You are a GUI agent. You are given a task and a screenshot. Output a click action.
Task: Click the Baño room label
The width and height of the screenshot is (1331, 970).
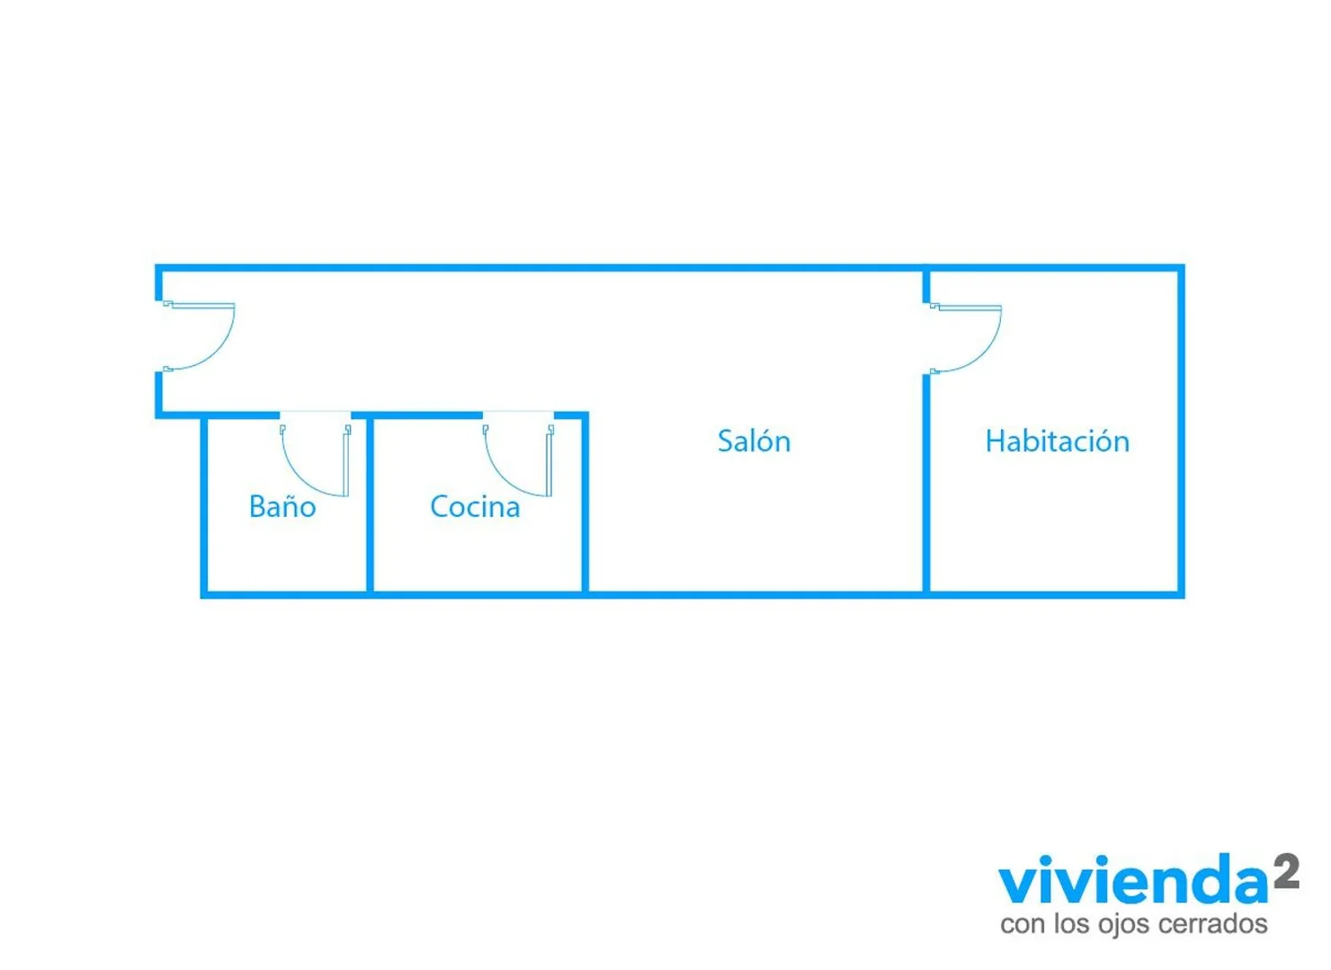(282, 507)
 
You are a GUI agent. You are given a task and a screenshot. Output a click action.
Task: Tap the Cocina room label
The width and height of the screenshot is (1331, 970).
(475, 507)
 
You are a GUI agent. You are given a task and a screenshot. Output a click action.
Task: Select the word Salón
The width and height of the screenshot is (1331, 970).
(754, 441)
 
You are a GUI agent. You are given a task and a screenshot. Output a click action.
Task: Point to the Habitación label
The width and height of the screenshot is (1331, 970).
(1057, 441)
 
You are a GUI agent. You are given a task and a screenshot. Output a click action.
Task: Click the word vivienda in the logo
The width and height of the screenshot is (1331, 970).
(1133, 885)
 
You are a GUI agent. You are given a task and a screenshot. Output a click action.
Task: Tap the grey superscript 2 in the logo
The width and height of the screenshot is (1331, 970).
(1286, 870)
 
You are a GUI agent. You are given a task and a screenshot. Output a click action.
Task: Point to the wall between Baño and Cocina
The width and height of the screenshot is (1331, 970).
(370, 505)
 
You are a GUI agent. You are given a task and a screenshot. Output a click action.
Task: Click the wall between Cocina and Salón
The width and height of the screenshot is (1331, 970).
(585, 505)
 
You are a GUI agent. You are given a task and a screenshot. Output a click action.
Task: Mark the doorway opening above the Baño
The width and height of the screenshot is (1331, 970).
(315, 414)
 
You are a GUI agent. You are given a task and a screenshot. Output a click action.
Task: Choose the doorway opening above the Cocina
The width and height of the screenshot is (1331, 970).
(518, 414)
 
